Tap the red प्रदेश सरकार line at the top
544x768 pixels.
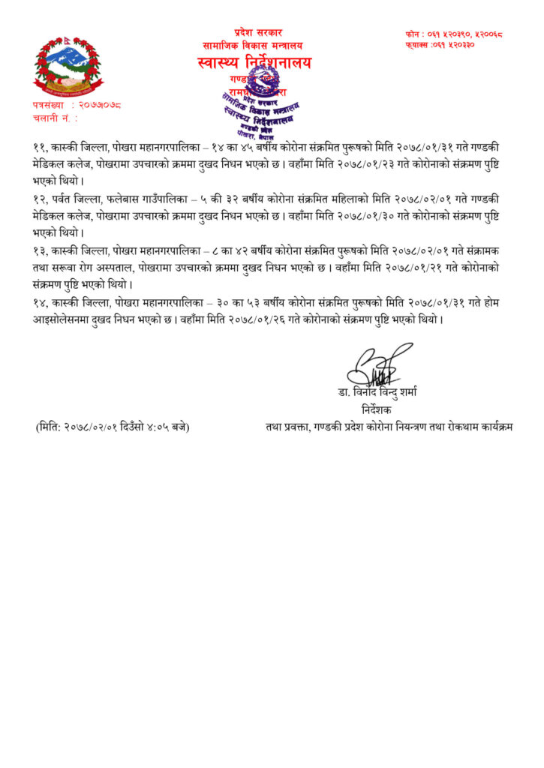coord(258,32)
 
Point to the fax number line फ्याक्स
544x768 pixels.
coord(446,45)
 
